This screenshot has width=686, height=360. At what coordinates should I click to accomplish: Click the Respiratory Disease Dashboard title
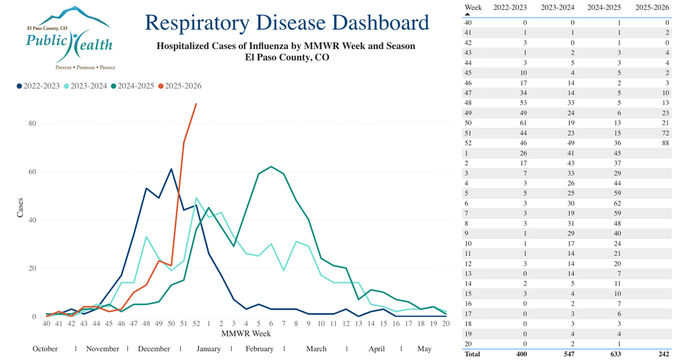point(286,23)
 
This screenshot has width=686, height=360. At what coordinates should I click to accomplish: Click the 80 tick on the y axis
point(33,123)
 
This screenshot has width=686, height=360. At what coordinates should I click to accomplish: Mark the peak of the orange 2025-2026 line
point(196,103)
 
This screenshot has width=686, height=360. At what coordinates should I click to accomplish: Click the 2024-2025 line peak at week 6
point(270,166)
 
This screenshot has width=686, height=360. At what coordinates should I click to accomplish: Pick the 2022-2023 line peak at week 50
point(171,169)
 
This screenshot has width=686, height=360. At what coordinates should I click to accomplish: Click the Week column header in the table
point(473,7)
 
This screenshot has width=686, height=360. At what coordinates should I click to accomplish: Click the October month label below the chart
point(45,349)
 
